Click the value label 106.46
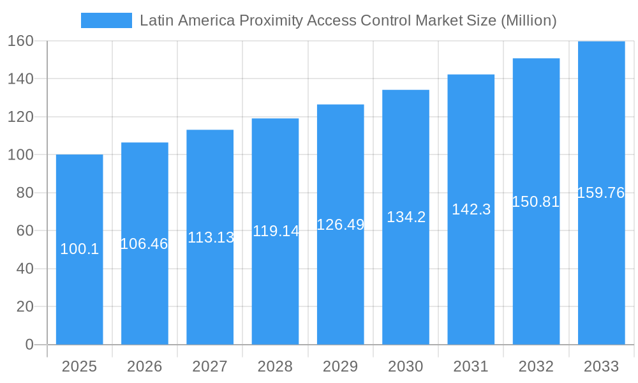click(x=144, y=244)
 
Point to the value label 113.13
click(x=211, y=237)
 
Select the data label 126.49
click(x=340, y=225)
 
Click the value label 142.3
click(x=471, y=209)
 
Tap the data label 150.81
click(x=536, y=202)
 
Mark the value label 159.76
click(x=601, y=193)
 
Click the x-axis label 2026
click(x=144, y=366)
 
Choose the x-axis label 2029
click(x=340, y=366)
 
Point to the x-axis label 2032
click(x=536, y=366)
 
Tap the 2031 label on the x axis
click(x=471, y=366)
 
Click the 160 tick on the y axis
click(x=20, y=41)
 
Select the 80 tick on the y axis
click(x=24, y=193)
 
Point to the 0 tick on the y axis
click(x=29, y=345)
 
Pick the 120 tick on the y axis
click(x=20, y=117)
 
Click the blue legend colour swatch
click(x=106, y=20)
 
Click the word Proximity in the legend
click(x=271, y=21)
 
